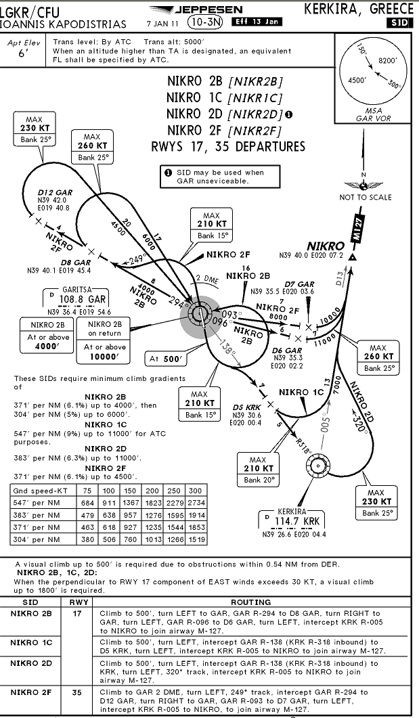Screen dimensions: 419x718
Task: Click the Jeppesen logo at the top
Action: point(196,9)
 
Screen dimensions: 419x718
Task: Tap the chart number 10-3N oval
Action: point(204,22)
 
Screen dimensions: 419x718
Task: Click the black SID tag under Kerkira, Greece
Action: point(399,24)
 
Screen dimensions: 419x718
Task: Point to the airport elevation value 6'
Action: point(24,53)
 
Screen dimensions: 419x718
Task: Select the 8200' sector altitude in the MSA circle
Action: point(388,60)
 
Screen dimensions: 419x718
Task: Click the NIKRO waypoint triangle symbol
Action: point(352,257)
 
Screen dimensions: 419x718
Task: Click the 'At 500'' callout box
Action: point(166,359)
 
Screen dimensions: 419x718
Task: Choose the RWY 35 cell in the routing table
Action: point(77,692)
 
